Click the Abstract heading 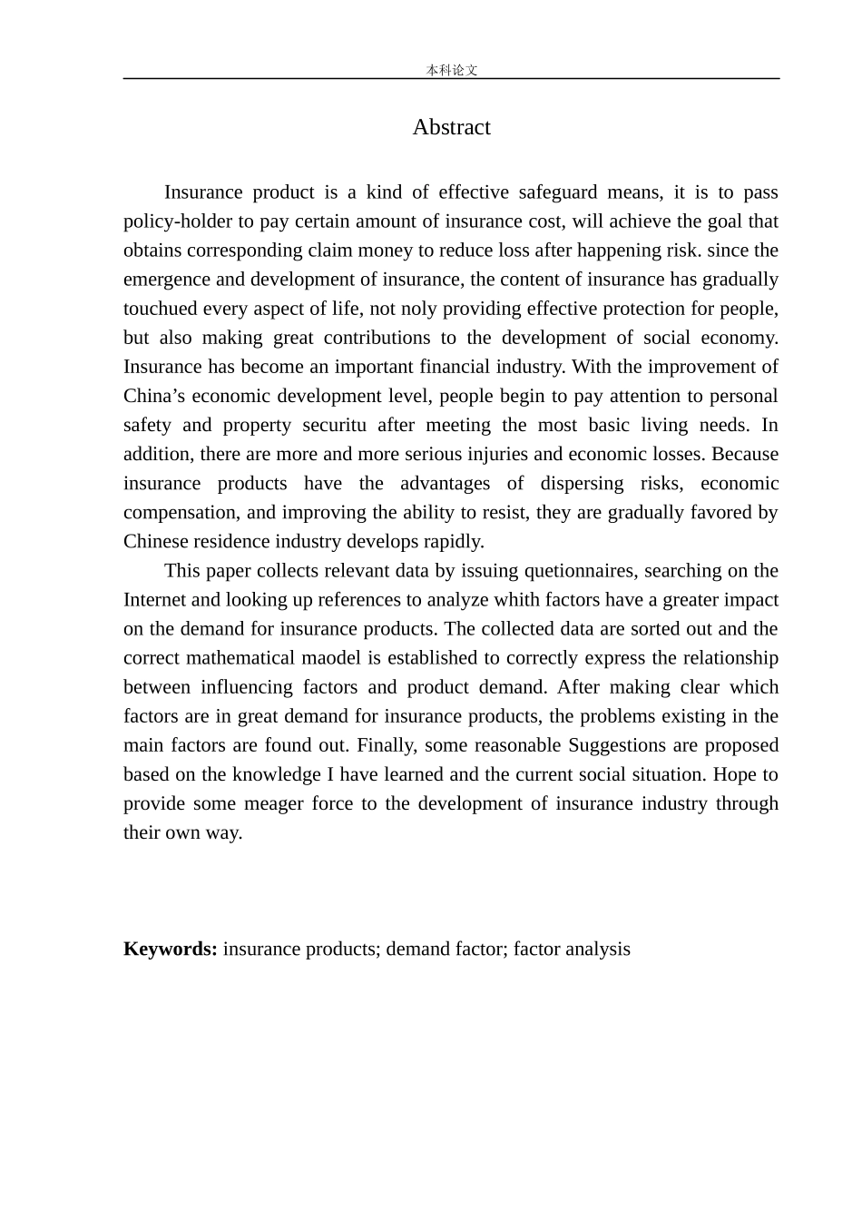click(x=451, y=127)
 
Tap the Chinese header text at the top click(x=451, y=70)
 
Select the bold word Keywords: click(x=170, y=949)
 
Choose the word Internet click(x=155, y=600)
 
